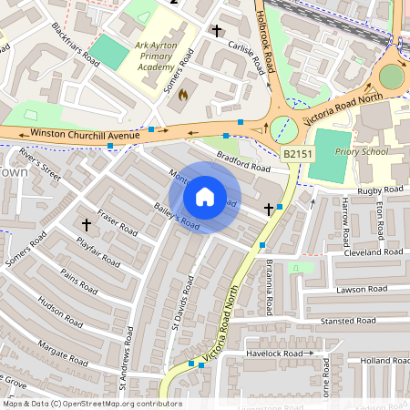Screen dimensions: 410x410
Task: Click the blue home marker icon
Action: click(205, 197)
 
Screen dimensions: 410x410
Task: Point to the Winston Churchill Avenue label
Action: click(84, 135)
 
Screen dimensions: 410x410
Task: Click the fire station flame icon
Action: click(183, 94)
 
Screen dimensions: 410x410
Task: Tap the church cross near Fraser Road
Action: click(87, 223)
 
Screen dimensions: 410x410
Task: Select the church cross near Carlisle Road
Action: click(217, 31)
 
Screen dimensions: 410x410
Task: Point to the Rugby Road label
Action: click(380, 190)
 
